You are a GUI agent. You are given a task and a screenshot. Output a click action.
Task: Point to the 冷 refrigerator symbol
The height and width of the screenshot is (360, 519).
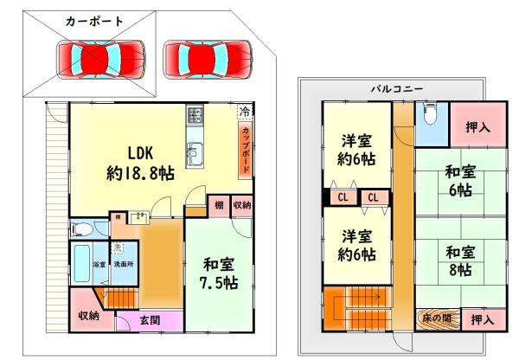[245, 111]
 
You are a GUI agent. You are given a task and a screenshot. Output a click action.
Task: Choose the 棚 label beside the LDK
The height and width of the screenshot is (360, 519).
[220, 205]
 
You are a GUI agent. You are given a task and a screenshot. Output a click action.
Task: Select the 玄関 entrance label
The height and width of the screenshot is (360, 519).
[149, 321]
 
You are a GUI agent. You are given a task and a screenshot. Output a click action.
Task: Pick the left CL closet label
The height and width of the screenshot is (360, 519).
[343, 198]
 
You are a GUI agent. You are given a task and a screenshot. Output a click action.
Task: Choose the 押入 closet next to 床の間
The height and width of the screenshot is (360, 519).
[483, 319]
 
